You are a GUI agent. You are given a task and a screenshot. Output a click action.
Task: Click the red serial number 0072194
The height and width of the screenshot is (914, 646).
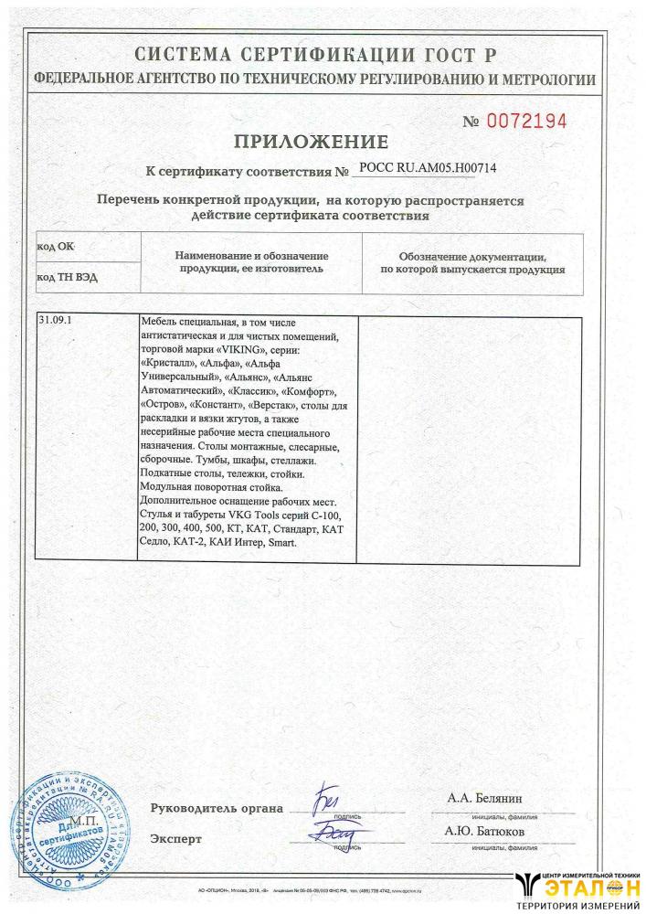pos(527,121)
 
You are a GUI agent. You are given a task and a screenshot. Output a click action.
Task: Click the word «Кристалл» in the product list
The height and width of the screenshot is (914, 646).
pos(171,363)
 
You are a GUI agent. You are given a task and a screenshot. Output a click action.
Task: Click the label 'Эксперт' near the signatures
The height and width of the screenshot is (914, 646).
pos(176,839)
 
